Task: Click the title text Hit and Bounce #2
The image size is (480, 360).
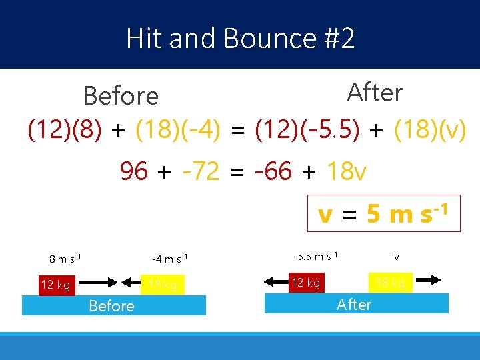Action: [x=240, y=39]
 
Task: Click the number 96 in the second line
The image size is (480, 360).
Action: [x=134, y=172]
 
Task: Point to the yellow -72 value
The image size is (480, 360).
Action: [x=200, y=172]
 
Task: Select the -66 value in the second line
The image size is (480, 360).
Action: [x=273, y=172]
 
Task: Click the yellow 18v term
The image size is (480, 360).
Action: [x=347, y=172]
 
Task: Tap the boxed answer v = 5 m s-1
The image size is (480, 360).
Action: [x=383, y=213]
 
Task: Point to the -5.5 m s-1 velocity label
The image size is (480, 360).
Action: [x=315, y=256]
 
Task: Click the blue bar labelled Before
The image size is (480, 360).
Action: [x=113, y=305]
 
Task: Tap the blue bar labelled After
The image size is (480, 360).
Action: [x=356, y=304]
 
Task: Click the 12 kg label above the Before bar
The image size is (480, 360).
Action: [x=55, y=285]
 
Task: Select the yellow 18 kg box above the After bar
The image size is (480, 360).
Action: [x=391, y=283]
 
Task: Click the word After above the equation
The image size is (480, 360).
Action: [x=375, y=93]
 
